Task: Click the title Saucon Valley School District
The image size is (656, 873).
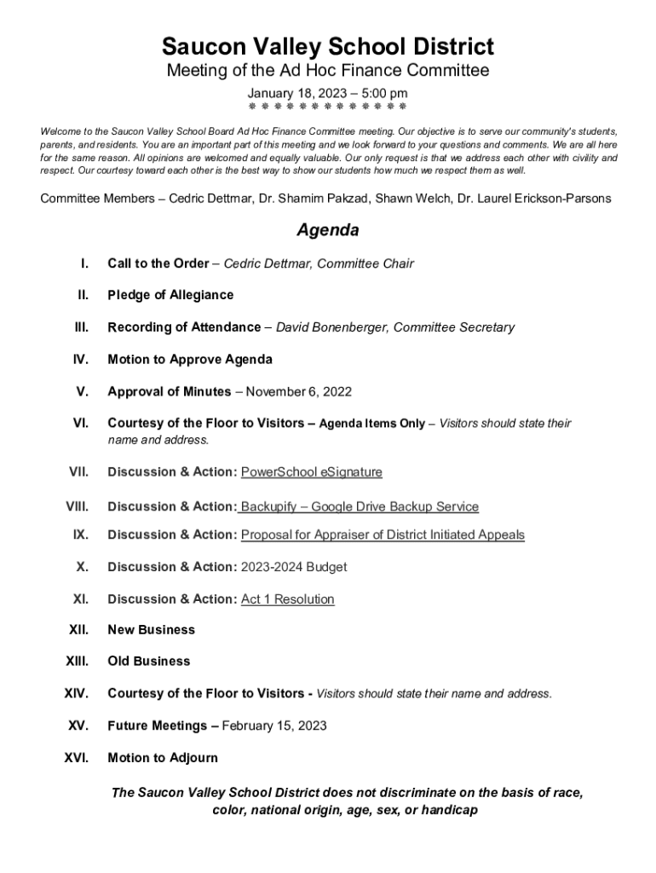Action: click(x=328, y=46)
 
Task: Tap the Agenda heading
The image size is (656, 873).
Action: click(x=327, y=230)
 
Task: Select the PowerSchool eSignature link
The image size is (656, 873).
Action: click(x=312, y=472)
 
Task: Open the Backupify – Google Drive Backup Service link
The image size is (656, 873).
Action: click(x=360, y=506)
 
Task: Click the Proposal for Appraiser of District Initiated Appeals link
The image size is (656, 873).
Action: click(x=383, y=535)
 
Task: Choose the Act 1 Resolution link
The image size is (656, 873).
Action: click(x=288, y=599)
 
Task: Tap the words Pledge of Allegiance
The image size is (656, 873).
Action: click(x=170, y=295)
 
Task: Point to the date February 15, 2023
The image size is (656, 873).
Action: click(x=274, y=726)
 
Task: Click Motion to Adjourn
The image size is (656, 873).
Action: click(x=163, y=758)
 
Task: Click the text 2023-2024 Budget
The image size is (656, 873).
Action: click(x=294, y=567)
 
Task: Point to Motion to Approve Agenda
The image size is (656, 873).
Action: click(x=190, y=360)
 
